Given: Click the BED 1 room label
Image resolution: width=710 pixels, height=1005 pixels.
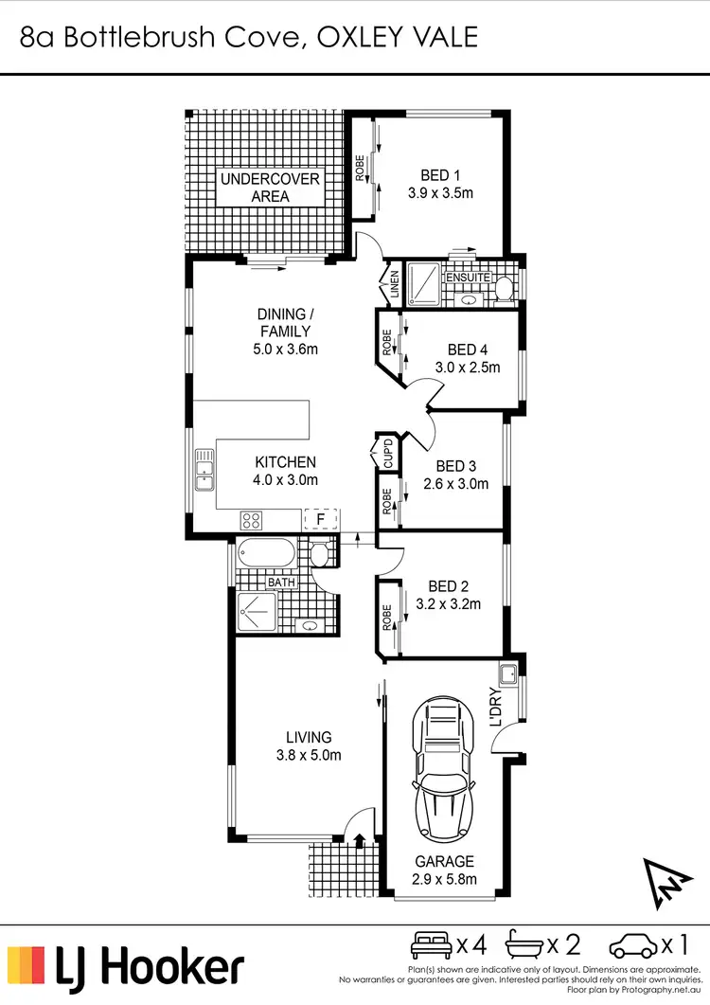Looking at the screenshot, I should point(440,175).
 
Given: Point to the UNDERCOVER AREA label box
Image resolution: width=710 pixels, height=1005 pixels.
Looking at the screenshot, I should point(271,188).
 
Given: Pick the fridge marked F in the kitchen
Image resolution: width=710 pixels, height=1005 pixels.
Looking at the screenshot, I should point(321,519).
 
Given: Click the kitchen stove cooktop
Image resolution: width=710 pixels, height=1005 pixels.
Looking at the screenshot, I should point(252,519).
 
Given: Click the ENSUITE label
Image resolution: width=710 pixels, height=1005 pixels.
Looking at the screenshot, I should point(469,278).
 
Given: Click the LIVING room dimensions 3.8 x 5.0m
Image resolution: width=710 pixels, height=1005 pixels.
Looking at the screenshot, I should point(309,755).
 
